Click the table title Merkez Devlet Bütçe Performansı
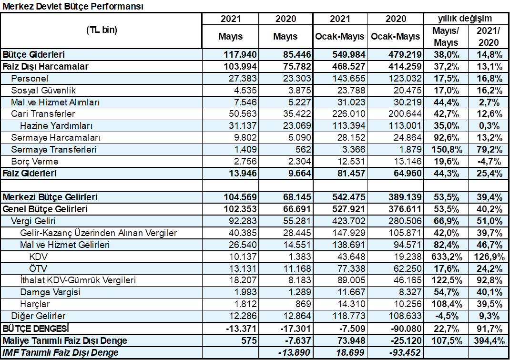pos(73,6)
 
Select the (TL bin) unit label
pos(102,30)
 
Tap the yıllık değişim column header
pos(465,19)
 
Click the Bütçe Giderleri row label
pos(33,54)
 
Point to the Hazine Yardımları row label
pos(56,125)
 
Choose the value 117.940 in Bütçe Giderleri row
pos(240,54)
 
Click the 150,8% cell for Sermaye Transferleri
pos(446,150)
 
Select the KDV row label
pos(39,257)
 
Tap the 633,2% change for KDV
pos(447,257)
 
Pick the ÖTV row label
pos(38,268)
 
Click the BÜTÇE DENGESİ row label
pos(36,329)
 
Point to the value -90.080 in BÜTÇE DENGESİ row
pos(405,329)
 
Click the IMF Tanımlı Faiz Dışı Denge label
pos(61,352)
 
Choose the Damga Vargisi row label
pos(50,292)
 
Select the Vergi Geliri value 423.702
pos(349,221)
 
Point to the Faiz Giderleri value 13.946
pos(243,173)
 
